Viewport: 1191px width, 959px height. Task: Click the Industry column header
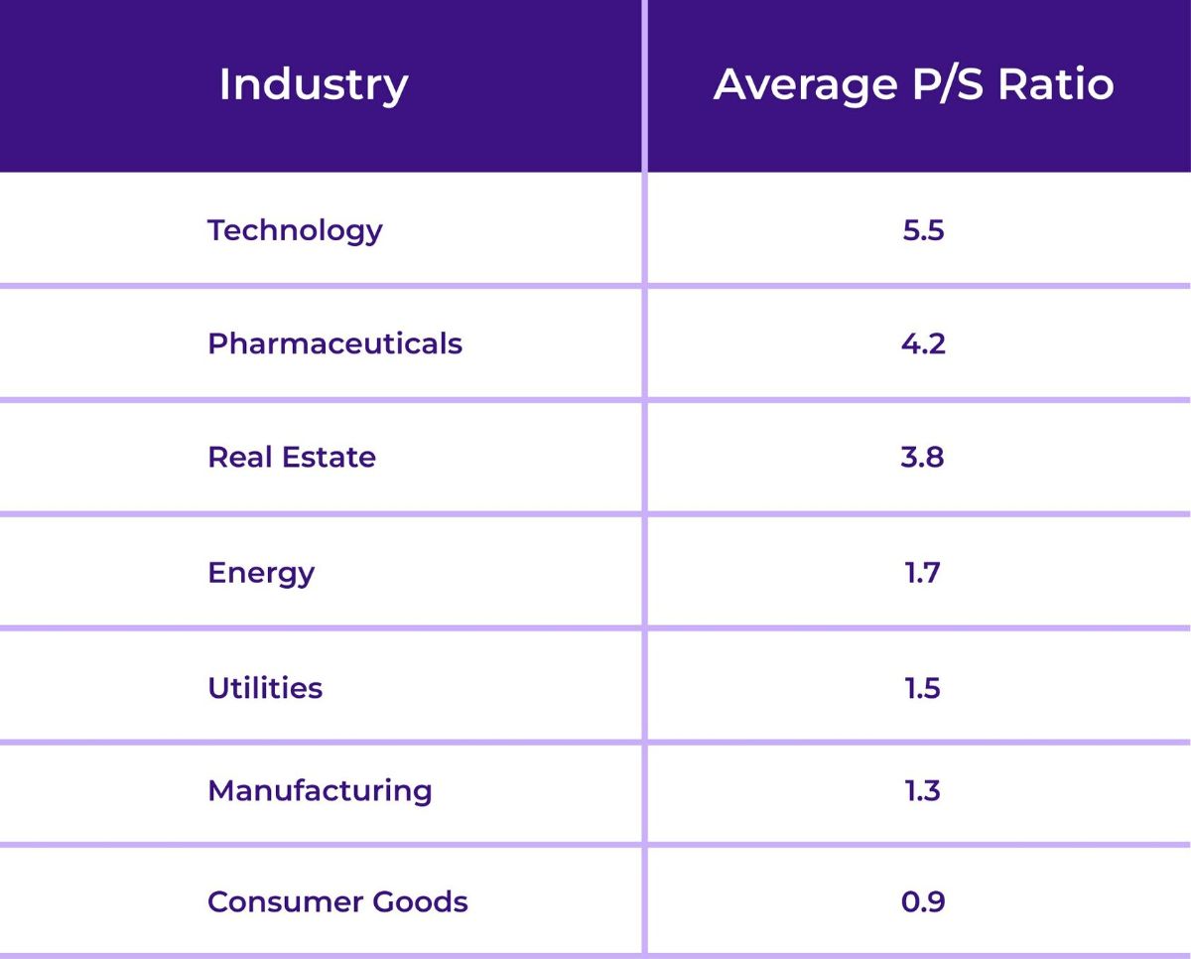313,84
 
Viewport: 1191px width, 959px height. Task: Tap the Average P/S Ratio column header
913,84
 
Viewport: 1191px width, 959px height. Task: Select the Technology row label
295,230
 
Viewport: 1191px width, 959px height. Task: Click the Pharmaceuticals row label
334,343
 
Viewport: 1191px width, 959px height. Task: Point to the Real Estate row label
292,458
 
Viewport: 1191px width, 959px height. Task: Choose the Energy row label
261,573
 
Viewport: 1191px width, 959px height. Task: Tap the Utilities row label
265,688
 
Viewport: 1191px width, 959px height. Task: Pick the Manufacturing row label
320,790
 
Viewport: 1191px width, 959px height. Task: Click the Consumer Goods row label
337,901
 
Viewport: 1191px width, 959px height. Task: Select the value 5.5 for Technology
923,230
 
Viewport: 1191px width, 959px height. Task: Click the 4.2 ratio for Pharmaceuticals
923,343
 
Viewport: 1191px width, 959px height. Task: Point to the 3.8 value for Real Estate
923,458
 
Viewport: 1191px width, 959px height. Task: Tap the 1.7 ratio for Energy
923,573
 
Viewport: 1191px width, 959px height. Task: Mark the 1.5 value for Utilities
923,688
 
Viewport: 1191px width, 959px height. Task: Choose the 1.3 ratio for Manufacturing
923,790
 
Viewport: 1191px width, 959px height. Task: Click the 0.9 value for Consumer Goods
923,901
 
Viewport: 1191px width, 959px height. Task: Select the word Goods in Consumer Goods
420,901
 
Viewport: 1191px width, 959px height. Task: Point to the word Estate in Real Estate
329,458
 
